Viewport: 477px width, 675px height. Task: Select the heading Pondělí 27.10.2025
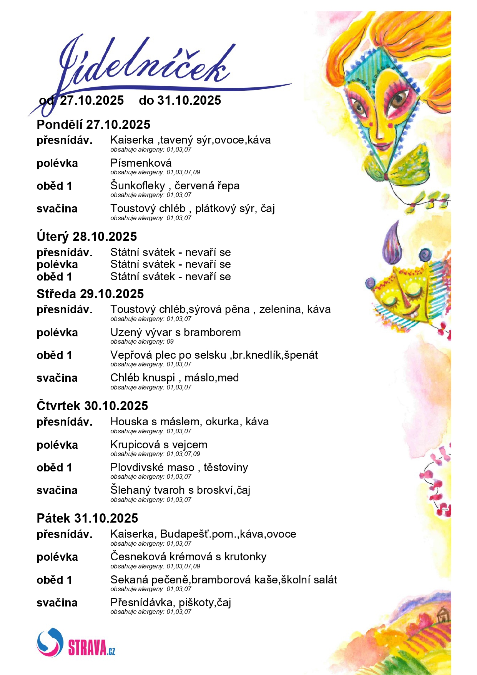93,125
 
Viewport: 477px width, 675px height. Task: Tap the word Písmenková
141,163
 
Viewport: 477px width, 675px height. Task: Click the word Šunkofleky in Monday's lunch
138,185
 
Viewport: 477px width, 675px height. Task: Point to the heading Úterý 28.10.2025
87,236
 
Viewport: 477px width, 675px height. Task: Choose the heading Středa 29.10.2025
90,294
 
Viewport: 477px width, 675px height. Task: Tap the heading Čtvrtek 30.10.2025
92,406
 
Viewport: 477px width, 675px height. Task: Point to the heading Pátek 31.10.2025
87,518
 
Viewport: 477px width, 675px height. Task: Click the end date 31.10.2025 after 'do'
189,100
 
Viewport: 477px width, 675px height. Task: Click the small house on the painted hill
443,615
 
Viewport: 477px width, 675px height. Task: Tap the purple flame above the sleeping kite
392,242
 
